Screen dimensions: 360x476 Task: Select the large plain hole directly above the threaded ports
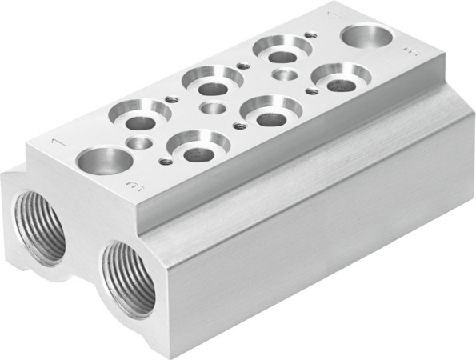[x=105, y=159]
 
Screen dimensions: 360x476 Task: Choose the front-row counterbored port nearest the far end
[x=341, y=78]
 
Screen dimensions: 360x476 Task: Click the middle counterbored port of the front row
[x=270, y=110]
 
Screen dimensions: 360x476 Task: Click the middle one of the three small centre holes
[x=213, y=108]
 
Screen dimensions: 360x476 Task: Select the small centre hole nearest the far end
[x=284, y=76]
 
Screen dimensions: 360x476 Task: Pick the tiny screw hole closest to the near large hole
[x=165, y=161]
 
